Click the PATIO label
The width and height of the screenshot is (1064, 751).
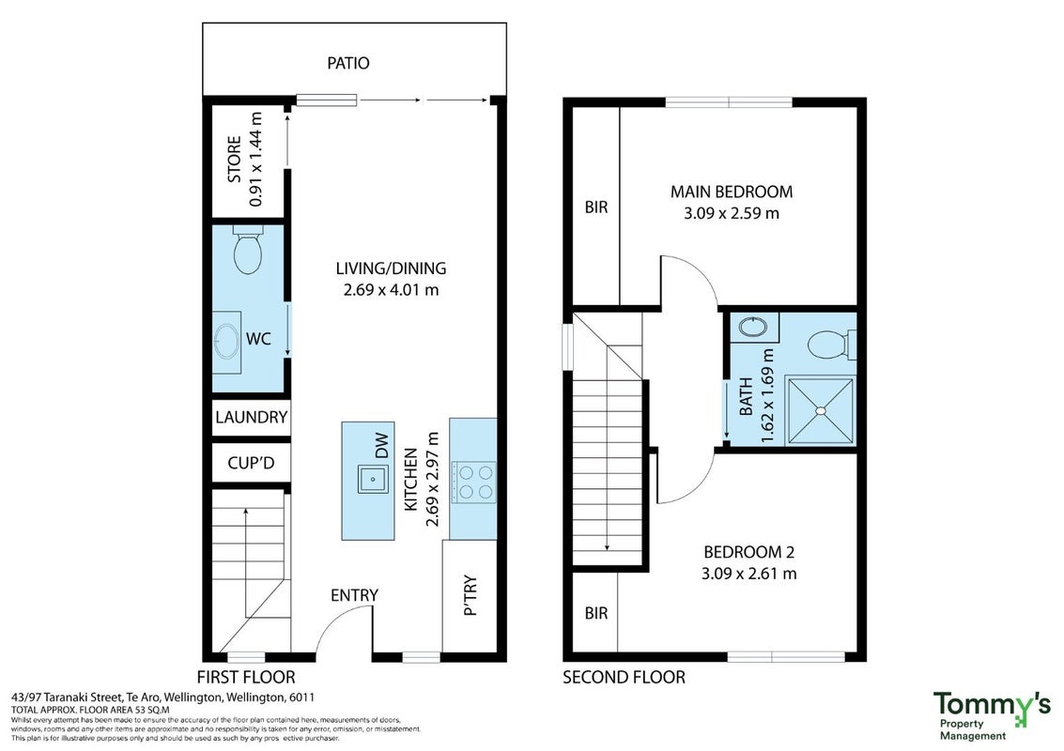[x=348, y=63]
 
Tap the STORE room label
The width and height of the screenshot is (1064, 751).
[x=234, y=160]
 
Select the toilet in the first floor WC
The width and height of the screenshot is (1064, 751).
[x=248, y=250]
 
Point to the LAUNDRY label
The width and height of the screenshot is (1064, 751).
[x=251, y=417]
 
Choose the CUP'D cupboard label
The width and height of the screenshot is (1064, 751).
[x=251, y=464]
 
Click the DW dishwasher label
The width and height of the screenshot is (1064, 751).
[x=382, y=446]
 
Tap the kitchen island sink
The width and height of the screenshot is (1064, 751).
[x=373, y=479]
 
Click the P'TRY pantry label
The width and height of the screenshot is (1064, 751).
[x=470, y=596]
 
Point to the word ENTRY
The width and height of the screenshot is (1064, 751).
[x=354, y=595]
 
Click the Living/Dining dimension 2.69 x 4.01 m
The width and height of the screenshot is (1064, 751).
[x=391, y=290]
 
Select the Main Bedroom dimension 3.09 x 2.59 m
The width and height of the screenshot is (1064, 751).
[x=732, y=214]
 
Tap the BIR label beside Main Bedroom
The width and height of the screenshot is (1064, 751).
[x=596, y=207]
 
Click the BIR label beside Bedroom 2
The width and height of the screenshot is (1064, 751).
[x=596, y=613]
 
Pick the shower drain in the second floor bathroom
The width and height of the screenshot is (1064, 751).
[x=821, y=410]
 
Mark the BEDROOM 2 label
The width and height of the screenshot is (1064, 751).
[x=749, y=552]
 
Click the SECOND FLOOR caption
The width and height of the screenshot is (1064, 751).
[x=624, y=677]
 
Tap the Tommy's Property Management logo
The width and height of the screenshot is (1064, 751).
[x=992, y=715]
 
